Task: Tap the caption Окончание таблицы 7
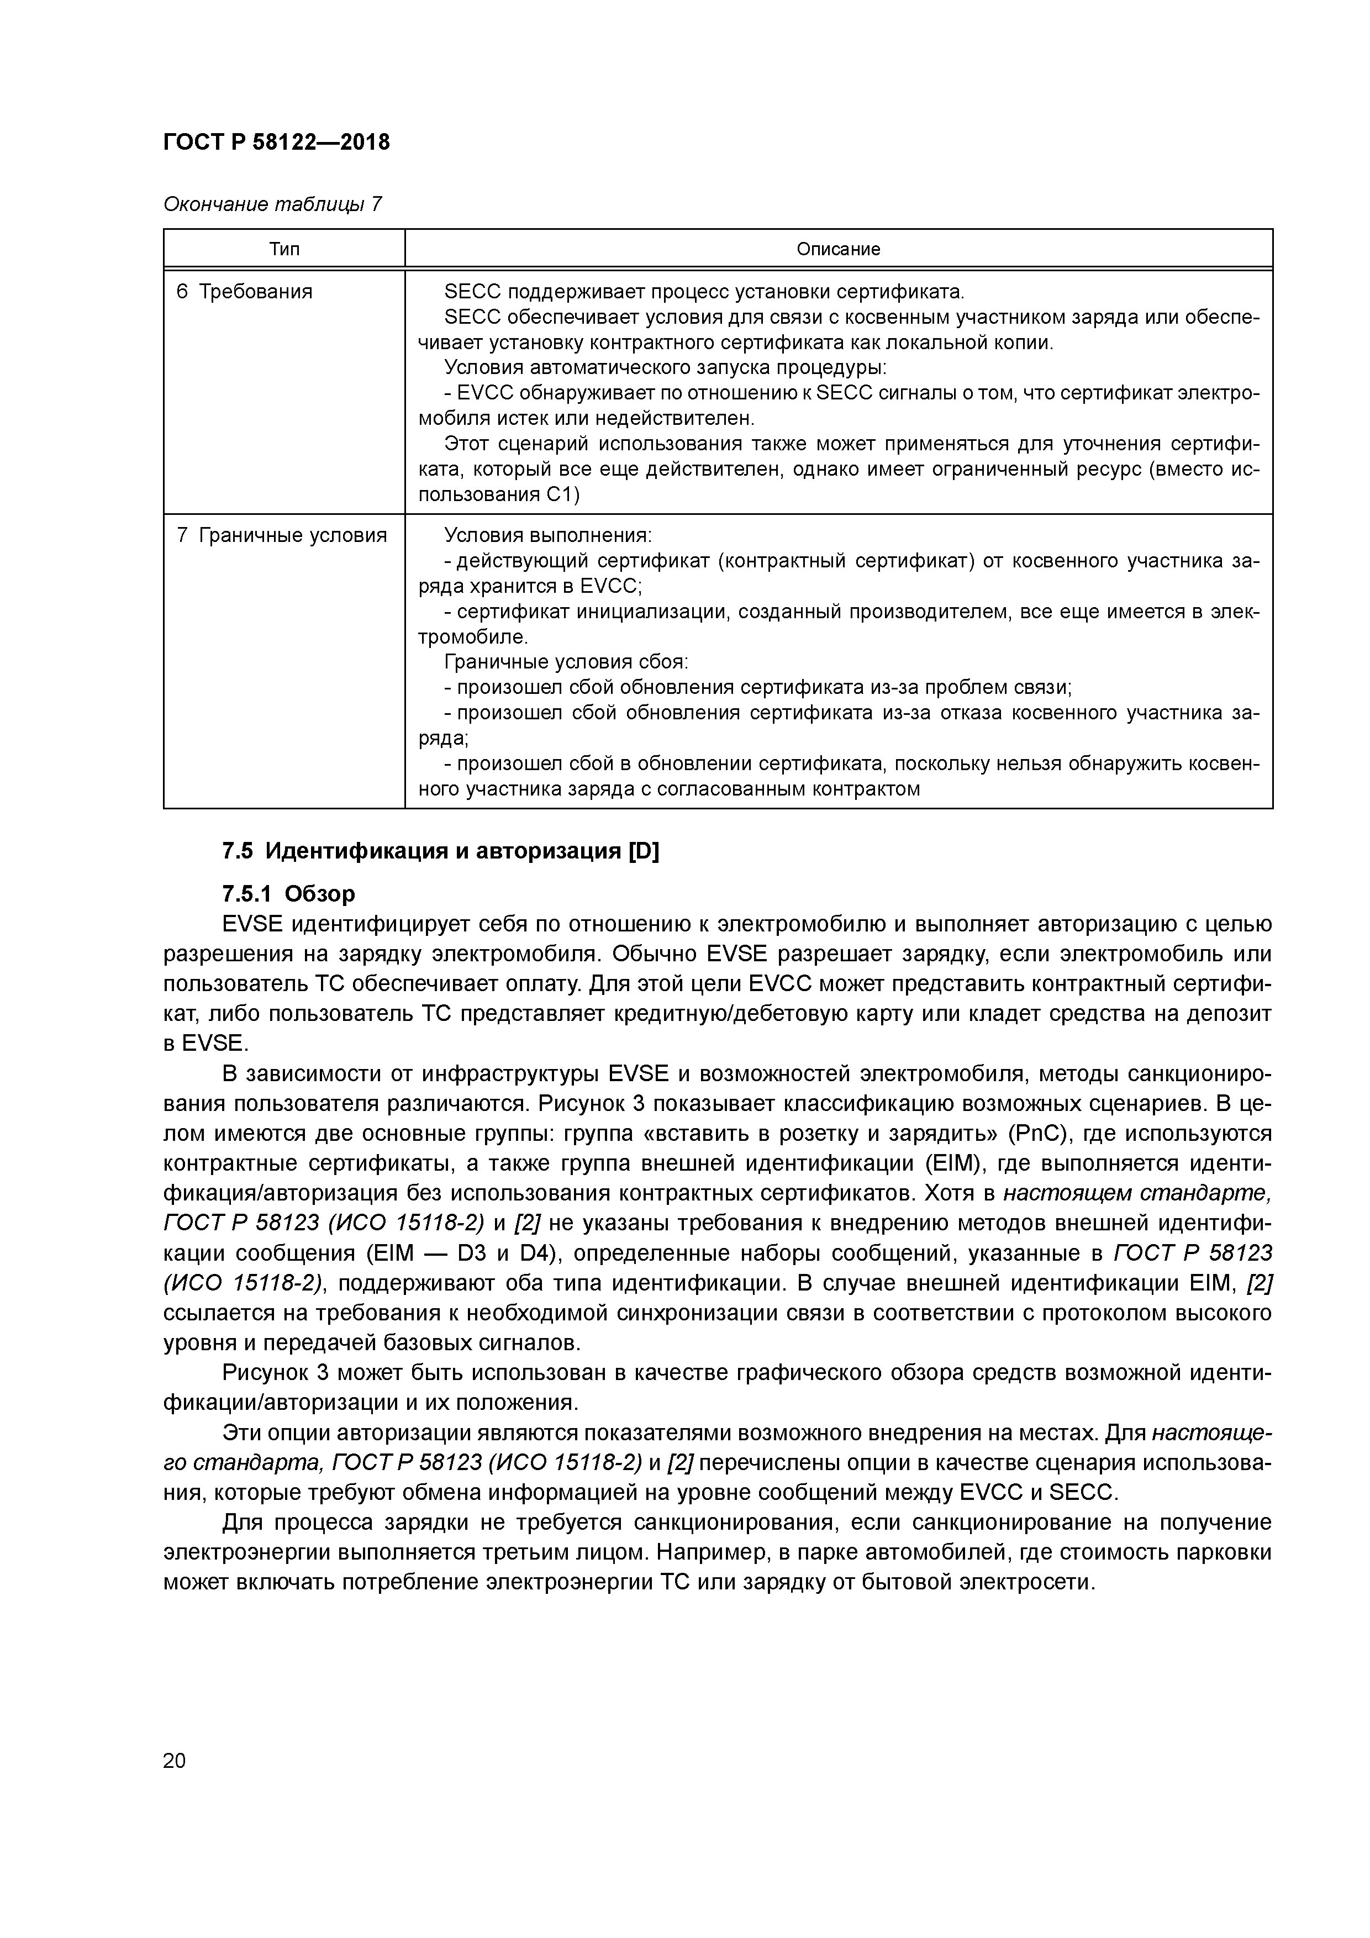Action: pyautogui.click(x=272, y=204)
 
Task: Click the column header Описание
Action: pyautogui.click(x=837, y=249)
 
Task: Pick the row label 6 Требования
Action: pyautogui.click(x=244, y=292)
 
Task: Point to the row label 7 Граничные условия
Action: pyautogui.click(x=281, y=536)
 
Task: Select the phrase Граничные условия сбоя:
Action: pyautogui.click(x=566, y=662)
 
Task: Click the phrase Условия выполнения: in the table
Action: pyautogui.click(x=548, y=536)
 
